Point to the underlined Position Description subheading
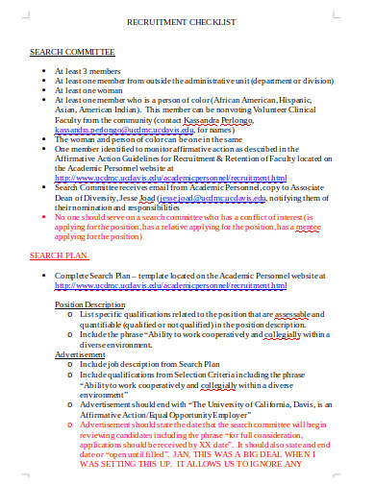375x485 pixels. point(93,303)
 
